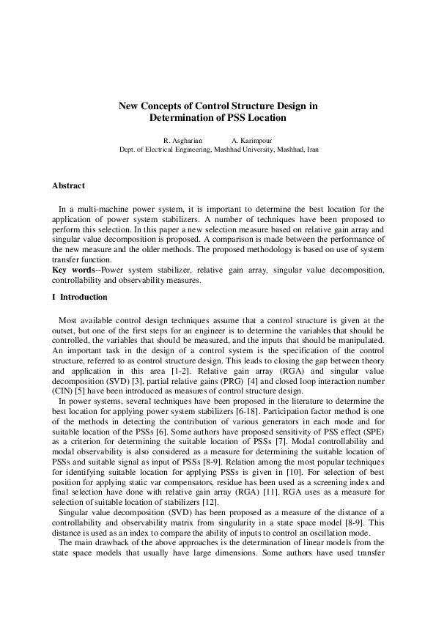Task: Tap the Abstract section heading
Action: point(68,186)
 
